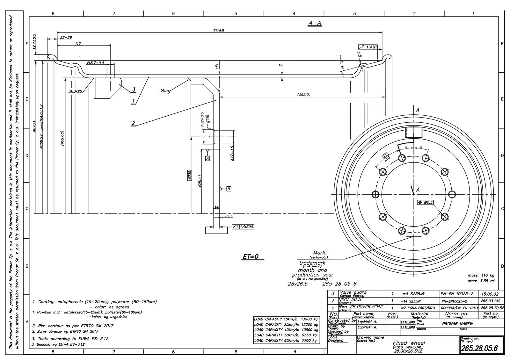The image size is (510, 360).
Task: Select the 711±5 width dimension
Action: (x=219, y=31)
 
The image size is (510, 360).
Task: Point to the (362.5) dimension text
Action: (x=303, y=94)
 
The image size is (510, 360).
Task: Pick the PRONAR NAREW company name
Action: (x=458, y=324)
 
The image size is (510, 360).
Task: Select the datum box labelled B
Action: (x=229, y=189)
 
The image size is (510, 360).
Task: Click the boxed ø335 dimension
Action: (x=190, y=176)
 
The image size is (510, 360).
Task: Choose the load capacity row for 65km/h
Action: (x=286, y=341)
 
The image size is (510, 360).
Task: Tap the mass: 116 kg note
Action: (x=481, y=275)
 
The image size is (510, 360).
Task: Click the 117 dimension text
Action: (x=78, y=44)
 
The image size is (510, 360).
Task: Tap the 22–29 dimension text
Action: (x=65, y=37)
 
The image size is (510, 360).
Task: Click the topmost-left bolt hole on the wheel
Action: (x=402, y=157)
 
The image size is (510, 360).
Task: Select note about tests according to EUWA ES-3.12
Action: (x=70, y=339)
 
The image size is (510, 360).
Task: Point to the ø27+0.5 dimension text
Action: (x=233, y=153)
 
